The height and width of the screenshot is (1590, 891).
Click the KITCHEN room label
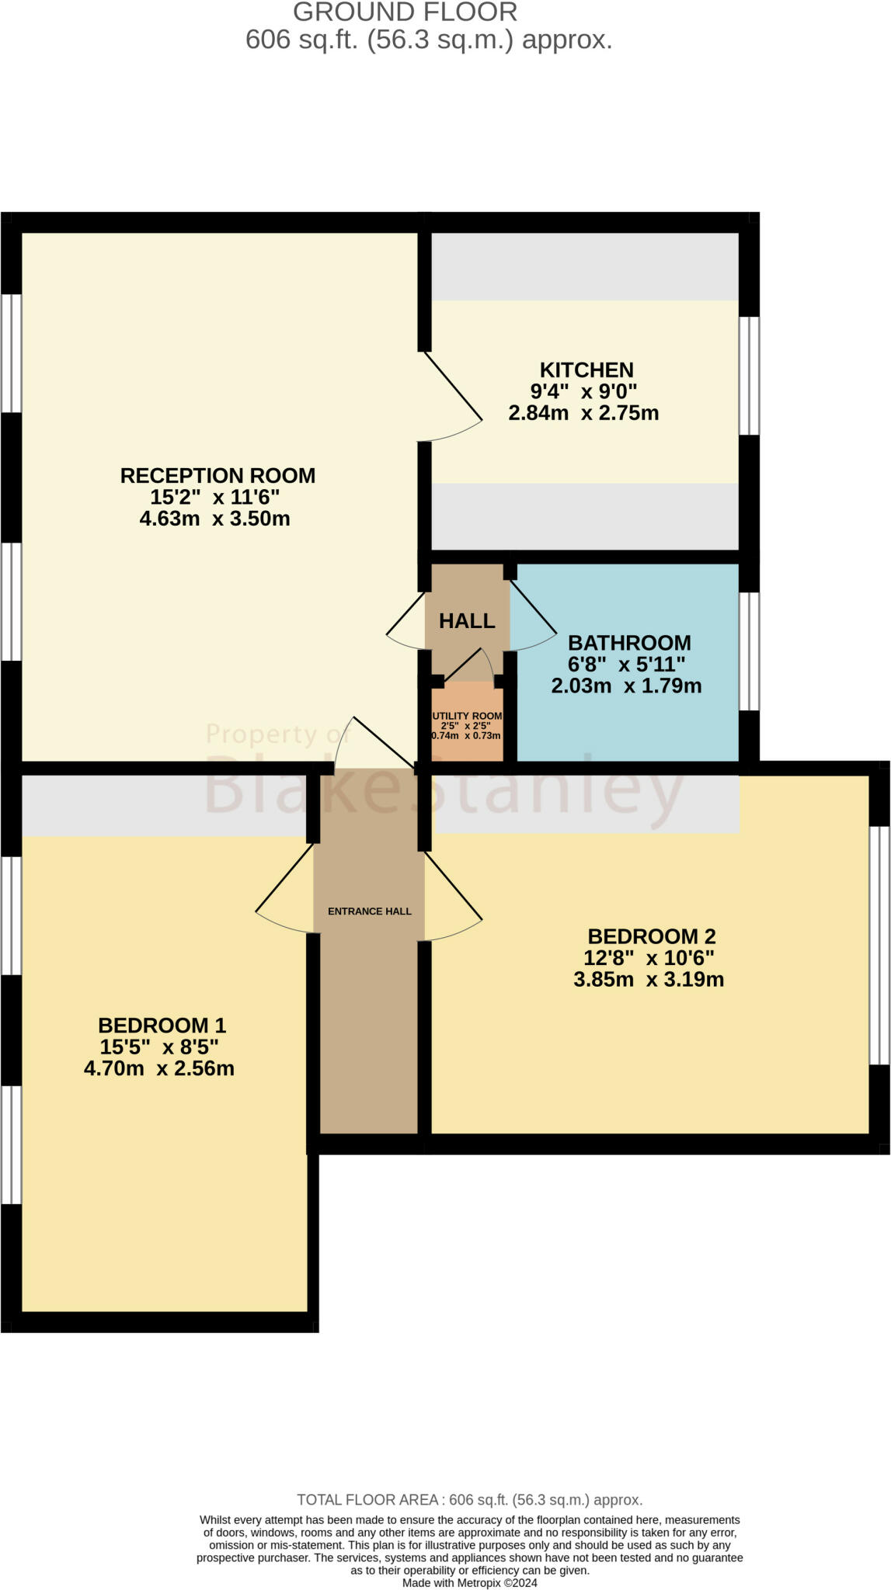(x=586, y=370)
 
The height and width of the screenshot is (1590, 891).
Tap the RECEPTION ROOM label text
(x=218, y=475)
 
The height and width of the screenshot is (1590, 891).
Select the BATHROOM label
(x=629, y=643)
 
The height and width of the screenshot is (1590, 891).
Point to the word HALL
(x=467, y=620)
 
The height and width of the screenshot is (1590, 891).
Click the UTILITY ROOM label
(x=467, y=716)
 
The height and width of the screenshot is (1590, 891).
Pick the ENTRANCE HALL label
(x=370, y=911)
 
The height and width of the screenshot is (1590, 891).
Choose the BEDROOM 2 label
(x=651, y=936)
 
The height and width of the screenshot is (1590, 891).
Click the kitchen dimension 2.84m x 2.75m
(x=583, y=413)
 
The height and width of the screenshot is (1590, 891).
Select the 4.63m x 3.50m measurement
(x=214, y=519)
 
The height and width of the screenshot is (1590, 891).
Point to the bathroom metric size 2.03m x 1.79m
(x=626, y=686)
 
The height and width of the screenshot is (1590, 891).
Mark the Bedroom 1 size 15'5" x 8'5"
(x=159, y=1047)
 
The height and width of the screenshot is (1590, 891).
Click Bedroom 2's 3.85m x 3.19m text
(x=649, y=980)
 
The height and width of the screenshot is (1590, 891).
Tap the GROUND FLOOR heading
(x=405, y=12)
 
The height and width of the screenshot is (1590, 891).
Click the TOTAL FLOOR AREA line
(x=469, y=1500)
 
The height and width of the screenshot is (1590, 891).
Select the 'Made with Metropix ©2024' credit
(x=469, y=1583)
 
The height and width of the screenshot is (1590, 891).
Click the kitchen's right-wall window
(x=749, y=376)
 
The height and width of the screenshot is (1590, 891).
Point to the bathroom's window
(x=749, y=651)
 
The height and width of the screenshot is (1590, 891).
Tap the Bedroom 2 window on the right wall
(x=879, y=945)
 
